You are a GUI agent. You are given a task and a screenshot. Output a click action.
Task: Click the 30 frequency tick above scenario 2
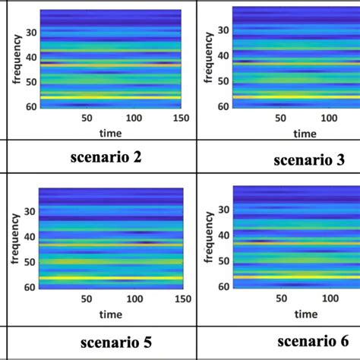point(30,33)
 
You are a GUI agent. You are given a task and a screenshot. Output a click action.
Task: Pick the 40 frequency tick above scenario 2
point(30,58)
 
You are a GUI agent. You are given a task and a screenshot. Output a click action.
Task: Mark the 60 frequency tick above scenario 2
point(30,106)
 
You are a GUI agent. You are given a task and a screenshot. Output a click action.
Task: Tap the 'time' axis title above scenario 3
point(305,133)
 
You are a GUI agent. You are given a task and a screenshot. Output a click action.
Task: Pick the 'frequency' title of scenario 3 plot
point(209,67)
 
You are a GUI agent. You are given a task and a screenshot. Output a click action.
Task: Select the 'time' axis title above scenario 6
point(305,313)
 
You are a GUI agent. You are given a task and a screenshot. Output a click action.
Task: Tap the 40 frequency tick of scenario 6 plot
point(223,237)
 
